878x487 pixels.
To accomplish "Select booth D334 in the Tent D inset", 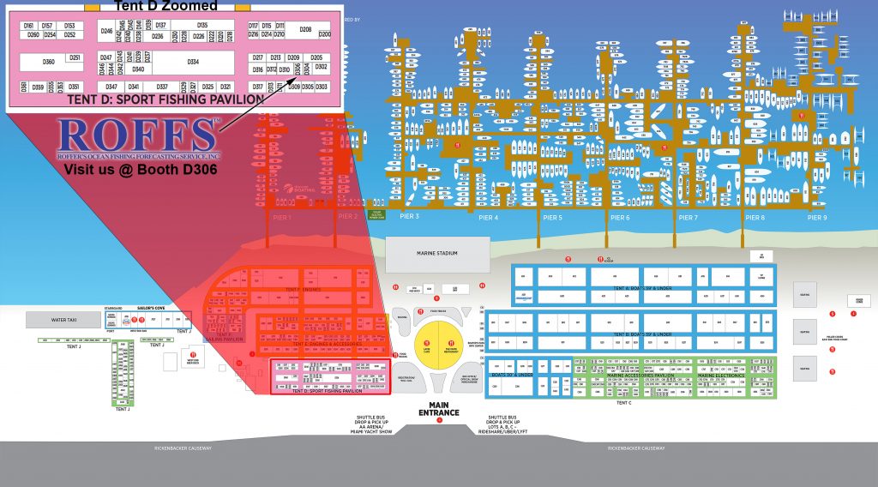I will [x=193, y=62].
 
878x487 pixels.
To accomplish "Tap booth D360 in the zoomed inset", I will [x=49, y=62].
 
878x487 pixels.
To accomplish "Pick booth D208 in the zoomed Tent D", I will [x=305, y=29].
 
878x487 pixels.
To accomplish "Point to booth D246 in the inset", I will [x=106, y=31].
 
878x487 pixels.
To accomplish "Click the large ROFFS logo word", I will [x=137, y=137].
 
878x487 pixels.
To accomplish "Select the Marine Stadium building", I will [x=437, y=253].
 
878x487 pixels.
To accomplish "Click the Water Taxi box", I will [x=63, y=319].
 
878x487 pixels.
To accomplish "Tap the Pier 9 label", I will [x=817, y=218].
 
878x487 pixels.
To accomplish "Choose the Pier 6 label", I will [x=620, y=218].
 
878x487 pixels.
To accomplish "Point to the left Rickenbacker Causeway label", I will [x=164, y=448].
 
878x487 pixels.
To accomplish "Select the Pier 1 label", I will [x=284, y=218].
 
